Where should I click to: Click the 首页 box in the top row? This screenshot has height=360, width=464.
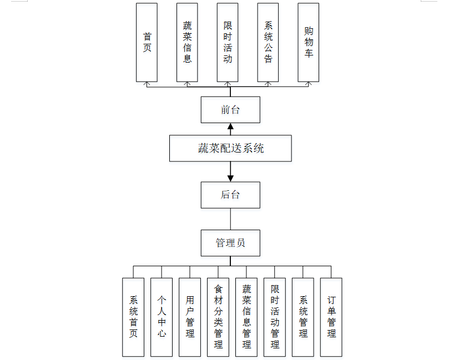(x=147, y=42)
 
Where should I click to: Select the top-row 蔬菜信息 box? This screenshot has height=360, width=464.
(x=188, y=42)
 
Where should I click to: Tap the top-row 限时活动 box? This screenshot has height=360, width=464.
(x=228, y=42)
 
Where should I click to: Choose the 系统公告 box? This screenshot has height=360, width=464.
(x=268, y=42)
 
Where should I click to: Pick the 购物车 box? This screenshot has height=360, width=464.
(x=309, y=42)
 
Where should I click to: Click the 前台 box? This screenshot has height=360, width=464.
(x=230, y=110)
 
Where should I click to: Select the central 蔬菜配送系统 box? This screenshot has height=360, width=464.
(x=230, y=149)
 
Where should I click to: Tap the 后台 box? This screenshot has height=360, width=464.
(x=230, y=195)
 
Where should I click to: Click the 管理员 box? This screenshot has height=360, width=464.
(x=230, y=242)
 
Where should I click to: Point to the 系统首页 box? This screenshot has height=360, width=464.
(x=133, y=317)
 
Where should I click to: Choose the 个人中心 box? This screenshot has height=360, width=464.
(x=162, y=317)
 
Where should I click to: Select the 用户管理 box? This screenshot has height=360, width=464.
(x=190, y=317)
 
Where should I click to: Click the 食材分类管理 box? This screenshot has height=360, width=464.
(x=218, y=317)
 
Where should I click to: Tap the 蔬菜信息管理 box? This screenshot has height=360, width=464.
(x=246, y=317)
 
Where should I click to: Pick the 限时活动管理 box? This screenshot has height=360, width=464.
(x=275, y=317)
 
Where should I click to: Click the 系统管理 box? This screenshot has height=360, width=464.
(x=303, y=317)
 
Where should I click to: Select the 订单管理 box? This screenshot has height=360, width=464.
(x=331, y=317)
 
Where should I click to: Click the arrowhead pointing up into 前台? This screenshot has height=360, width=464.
(x=230, y=127)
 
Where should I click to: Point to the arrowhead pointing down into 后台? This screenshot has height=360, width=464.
(x=230, y=178)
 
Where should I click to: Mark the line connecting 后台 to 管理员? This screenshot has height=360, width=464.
(x=230, y=219)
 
